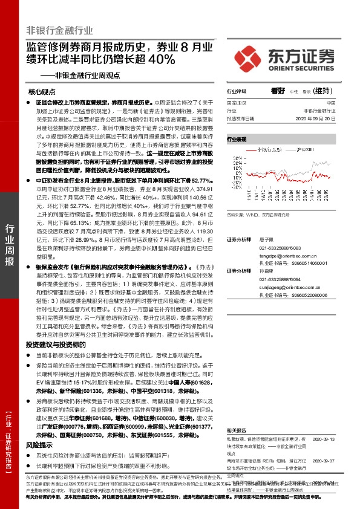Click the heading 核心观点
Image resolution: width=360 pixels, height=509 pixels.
pos(41,92)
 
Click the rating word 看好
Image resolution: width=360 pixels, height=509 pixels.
pos(278,91)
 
